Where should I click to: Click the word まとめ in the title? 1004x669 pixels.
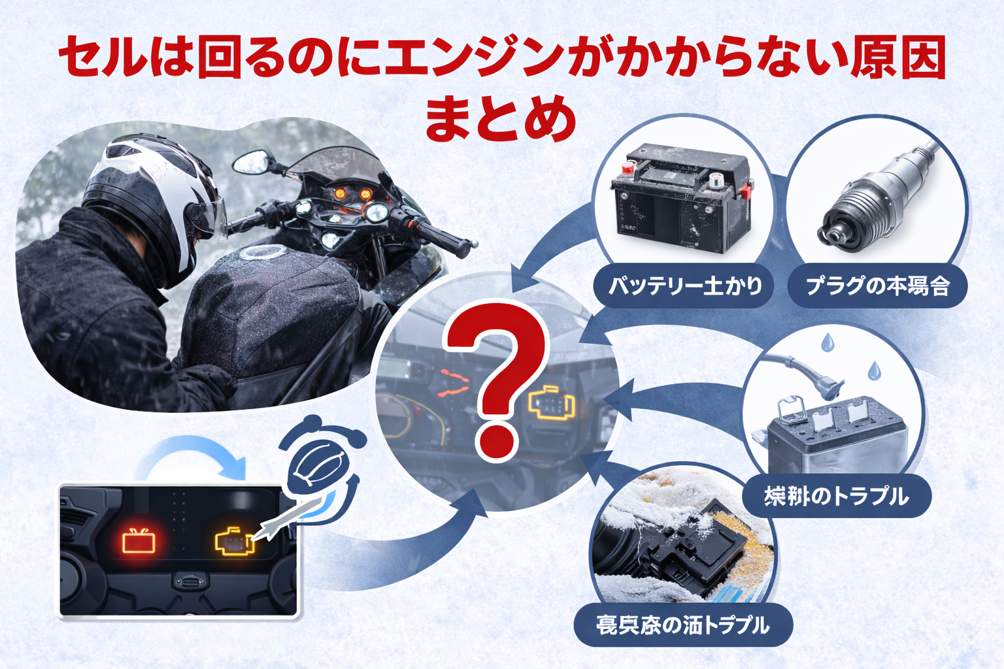pos(501,120)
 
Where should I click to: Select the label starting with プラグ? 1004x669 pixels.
pos(877,286)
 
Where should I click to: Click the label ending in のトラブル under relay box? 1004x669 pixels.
pos(836,496)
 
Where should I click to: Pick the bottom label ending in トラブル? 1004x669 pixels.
pos(683,625)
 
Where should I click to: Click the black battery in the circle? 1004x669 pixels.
pos(681,199)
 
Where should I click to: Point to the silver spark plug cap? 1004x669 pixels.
pos(876,199)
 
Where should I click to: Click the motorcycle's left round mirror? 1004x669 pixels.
pos(252,162)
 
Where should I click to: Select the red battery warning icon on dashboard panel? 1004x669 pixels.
pos(139,541)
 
